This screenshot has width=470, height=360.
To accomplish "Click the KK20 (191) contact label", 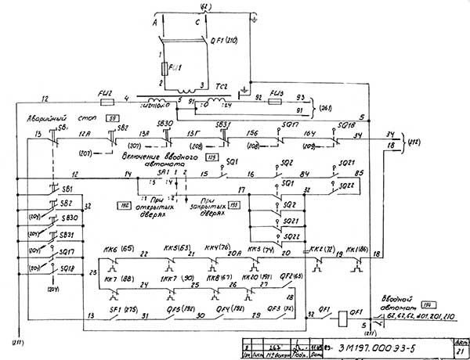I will pyautogui.click(x=248, y=279).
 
